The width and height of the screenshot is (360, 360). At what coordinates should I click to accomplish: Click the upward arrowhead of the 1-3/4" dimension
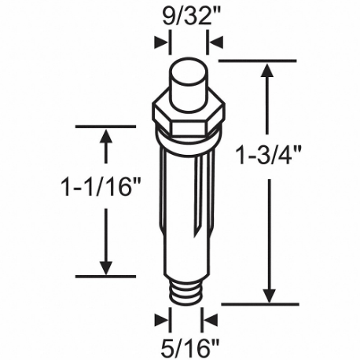tap(269, 71)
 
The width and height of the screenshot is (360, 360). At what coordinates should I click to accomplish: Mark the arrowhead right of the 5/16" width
tap(211, 320)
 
